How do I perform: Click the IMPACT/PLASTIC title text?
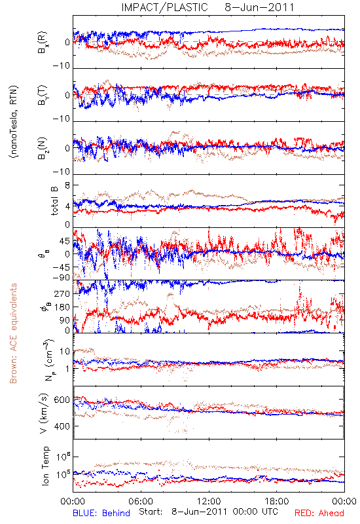tap(165, 7)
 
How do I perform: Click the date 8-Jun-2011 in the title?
tap(259, 7)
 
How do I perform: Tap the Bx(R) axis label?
tap(43, 42)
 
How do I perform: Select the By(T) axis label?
tap(43, 95)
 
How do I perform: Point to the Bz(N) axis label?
tap(43, 148)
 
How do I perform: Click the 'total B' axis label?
tap(54, 201)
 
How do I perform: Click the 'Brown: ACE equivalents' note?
tap(13, 333)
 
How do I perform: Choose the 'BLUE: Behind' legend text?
tap(101, 513)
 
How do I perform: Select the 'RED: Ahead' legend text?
tap(319, 513)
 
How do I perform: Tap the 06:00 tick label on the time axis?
tap(141, 501)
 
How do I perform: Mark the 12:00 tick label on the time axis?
tap(209, 501)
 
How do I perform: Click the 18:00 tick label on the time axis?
tap(276, 501)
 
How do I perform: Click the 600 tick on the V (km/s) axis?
tap(62, 400)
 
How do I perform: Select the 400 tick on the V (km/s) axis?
tap(62, 426)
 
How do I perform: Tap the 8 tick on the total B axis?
tap(67, 185)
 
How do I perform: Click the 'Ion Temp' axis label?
tap(45, 466)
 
